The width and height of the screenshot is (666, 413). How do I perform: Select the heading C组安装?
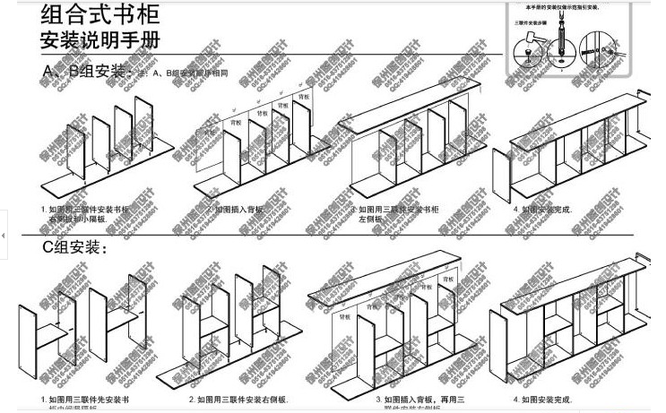[x=74, y=245]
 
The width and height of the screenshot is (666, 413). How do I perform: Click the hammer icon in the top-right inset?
[x=528, y=39]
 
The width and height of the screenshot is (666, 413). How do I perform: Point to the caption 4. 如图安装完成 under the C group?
[x=542, y=400]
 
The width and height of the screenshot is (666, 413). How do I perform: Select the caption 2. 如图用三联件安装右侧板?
[x=238, y=400]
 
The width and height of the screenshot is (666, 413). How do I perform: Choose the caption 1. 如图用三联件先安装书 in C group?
[x=85, y=400]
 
